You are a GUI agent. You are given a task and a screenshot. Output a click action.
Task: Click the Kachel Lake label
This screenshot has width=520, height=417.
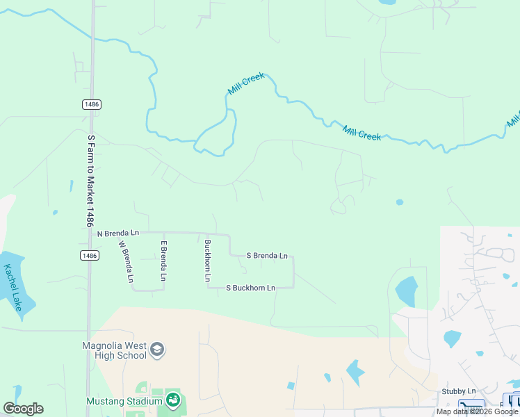[x=13, y=286]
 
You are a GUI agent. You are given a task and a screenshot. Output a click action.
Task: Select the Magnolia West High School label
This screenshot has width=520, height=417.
[x=114, y=350]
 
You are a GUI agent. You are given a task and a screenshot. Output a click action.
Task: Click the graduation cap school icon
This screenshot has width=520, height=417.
[x=157, y=349]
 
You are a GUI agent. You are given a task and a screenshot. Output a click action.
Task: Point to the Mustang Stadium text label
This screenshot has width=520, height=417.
[x=124, y=401]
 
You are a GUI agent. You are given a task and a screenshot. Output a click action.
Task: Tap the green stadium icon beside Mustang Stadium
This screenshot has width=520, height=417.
[x=172, y=400]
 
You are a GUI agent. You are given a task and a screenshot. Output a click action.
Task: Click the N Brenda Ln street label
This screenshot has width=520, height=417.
[x=118, y=233]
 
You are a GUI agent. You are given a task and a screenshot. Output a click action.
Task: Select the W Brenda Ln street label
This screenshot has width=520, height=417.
[x=126, y=261]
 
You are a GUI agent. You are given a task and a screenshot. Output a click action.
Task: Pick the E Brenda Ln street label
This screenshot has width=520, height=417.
[x=164, y=261]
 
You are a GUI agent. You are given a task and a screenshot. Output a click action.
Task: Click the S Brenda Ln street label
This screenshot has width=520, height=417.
[x=268, y=256]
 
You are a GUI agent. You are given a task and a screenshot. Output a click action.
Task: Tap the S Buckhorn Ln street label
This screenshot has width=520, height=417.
[x=251, y=288]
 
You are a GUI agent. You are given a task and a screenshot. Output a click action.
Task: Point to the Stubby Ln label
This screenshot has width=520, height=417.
[x=459, y=391]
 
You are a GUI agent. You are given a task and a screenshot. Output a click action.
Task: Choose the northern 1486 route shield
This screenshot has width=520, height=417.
[x=91, y=104]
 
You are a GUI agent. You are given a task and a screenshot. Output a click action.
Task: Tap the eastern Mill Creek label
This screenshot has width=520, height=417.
[x=361, y=132]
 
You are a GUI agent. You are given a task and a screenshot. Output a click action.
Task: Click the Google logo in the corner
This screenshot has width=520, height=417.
[x=23, y=409]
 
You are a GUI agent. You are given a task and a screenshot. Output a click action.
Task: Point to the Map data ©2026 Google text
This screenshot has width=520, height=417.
[x=477, y=411]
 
